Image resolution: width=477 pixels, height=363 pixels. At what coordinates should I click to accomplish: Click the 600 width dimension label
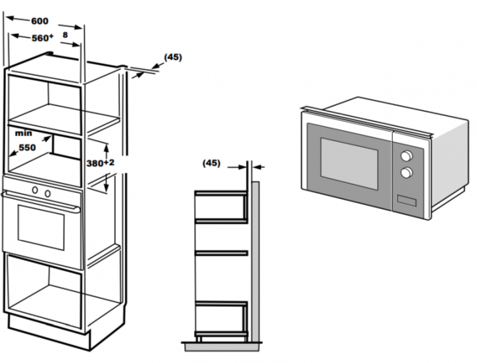[x=40, y=21]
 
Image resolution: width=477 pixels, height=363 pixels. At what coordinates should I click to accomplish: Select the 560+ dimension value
[x=42, y=38]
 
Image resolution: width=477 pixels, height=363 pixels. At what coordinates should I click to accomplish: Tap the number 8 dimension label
[x=66, y=35]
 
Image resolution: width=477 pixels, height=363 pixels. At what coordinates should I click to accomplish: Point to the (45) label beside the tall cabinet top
[x=172, y=57]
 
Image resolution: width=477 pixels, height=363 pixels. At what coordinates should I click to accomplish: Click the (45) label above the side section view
[x=211, y=163]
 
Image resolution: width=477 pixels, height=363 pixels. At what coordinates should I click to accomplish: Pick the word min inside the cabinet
[x=23, y=133]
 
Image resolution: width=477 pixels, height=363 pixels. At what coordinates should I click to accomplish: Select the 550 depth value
[x=26, y=147]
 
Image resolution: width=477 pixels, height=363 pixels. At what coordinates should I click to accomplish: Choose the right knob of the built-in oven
[x=48, y=192]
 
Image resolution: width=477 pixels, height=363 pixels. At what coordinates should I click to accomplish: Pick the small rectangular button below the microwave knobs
[x=406, y=198]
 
